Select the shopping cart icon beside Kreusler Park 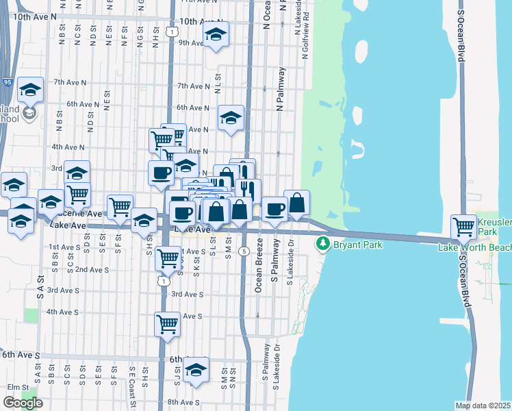pos(464,225)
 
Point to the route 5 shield pos(243,251)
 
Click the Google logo pos(23,403)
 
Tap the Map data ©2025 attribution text pos(483,406)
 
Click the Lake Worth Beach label pos(474,247)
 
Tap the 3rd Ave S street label pos(187,294)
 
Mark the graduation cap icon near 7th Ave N pos(30,90)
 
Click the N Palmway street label pos(280,89)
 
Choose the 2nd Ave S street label pos(92,269)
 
